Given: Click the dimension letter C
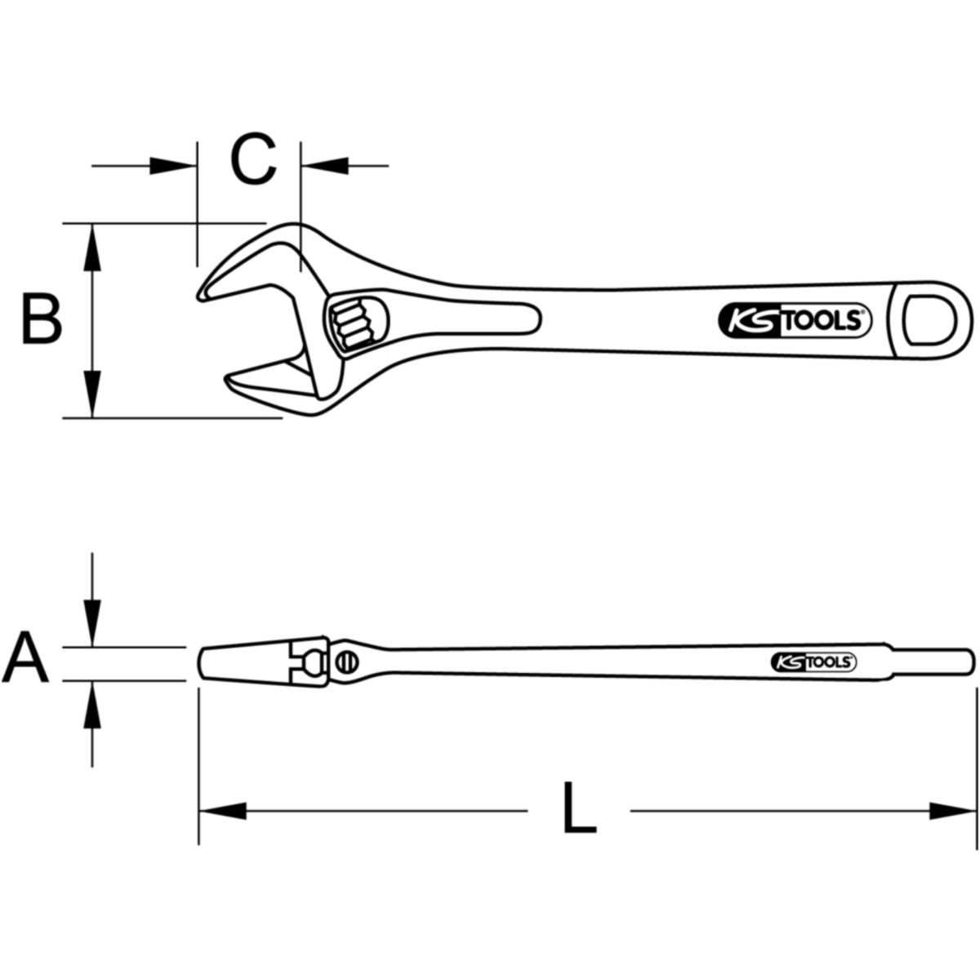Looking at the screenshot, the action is pos(253,159).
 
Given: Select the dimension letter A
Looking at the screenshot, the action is pos(25,657).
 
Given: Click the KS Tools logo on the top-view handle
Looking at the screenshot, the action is pos(795,321).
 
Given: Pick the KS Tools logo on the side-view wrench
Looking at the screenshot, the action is pos(813,661).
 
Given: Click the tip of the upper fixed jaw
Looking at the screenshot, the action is pos(200,296).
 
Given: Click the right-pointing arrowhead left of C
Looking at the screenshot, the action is pos(173,166).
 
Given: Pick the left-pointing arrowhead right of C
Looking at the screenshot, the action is pos(324,166).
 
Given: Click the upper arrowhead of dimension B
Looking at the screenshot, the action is pos(92,247).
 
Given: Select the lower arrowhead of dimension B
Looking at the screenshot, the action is pos(92,394).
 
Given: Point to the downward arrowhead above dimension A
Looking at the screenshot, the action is pos(92,623).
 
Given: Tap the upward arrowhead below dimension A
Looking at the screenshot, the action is pos(92,704).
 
